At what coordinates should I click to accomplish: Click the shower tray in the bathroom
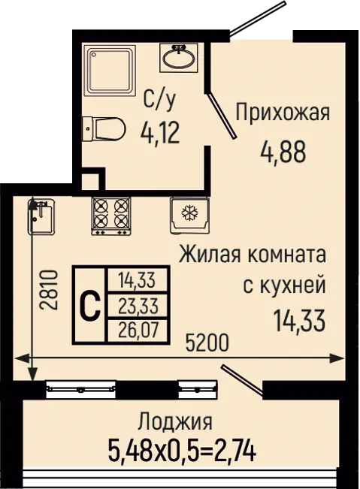(110, 70)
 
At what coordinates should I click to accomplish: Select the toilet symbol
(104, 129)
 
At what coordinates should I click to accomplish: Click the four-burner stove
(110, 216)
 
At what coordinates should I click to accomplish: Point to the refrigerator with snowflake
(189, 215)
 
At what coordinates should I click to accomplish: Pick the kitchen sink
(42, 216)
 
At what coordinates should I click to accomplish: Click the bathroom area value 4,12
(160, 133)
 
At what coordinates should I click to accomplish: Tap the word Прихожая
(283, 113)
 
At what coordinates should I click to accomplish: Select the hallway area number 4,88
(283, 152)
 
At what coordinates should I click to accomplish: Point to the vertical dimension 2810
(50, 290)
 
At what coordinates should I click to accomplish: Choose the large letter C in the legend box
(89, 305)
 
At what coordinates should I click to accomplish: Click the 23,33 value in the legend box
(138, 306)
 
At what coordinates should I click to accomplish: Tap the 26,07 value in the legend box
(138, 331)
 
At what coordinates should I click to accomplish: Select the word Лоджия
(175, 421)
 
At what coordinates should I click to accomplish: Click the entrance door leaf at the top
(258, 17)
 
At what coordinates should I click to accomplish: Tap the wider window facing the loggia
(81, 388)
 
